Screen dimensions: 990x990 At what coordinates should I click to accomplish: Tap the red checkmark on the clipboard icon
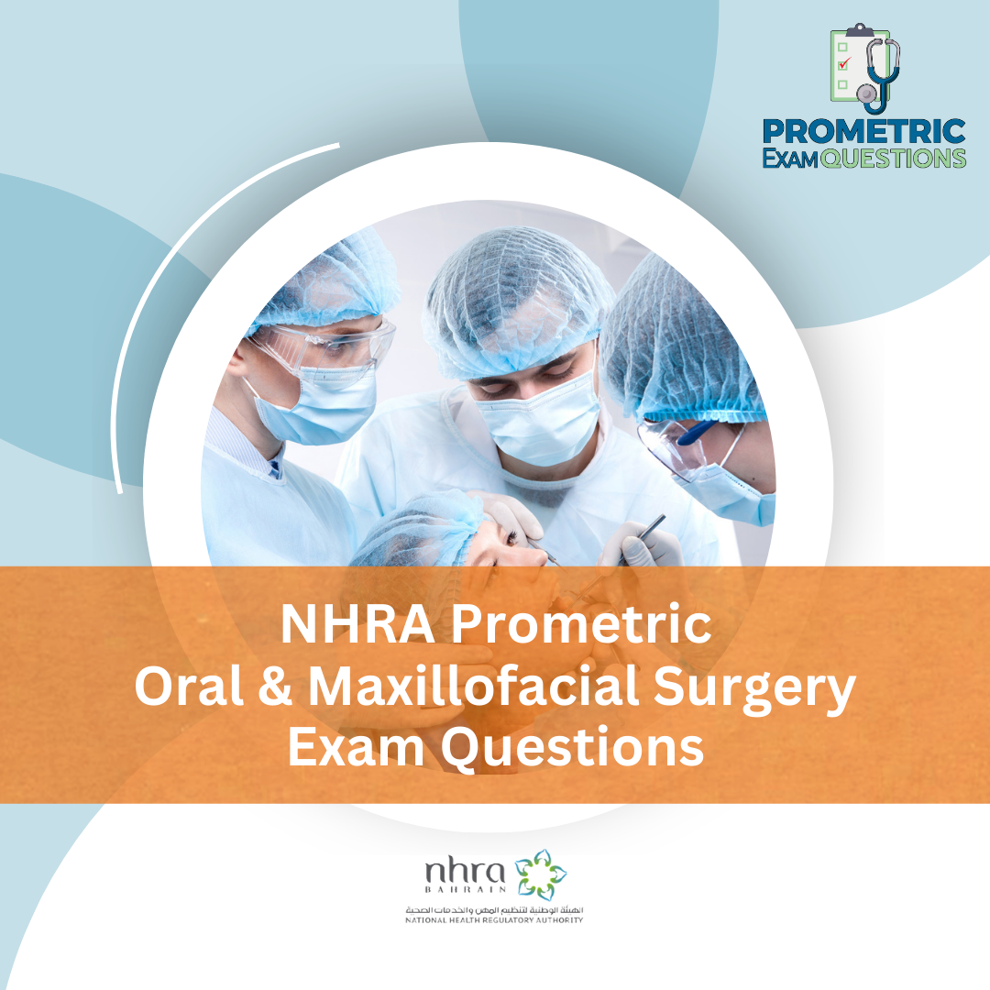tap(846, 62)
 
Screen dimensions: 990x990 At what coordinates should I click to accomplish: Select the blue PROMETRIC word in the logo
tap(863, 131)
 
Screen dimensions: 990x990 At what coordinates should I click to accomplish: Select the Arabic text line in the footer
tap(494, 908)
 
